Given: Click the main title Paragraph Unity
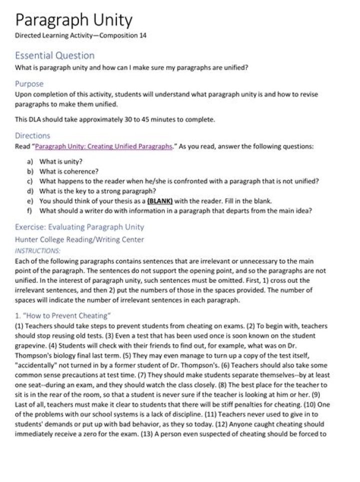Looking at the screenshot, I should (74, 21).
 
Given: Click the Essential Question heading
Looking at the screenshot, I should (54, 55).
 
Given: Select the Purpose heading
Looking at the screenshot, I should (29, 84).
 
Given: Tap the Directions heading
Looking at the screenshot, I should (32, 135).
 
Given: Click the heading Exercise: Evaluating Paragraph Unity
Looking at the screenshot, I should (79, 227).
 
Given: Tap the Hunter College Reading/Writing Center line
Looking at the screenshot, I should (79, 239).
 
